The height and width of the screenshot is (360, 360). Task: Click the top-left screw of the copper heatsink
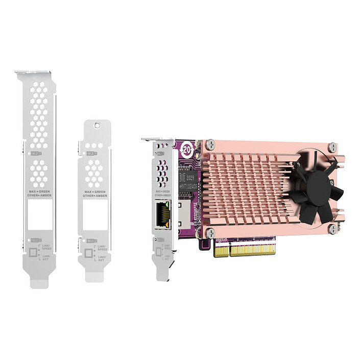point(208,145)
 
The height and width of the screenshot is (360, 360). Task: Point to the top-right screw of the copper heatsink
point(332,147)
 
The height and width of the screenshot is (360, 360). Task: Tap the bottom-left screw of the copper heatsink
point(209,232)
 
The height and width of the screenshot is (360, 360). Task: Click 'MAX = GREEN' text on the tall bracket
point(39,191)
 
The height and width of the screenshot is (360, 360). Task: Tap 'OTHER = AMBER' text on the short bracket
point(95,196)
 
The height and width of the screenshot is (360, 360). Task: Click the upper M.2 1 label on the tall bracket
point(36,152)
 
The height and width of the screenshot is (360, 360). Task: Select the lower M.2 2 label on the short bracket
point(92,241)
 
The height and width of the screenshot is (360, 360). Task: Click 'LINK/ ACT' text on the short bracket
point(103,258)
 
